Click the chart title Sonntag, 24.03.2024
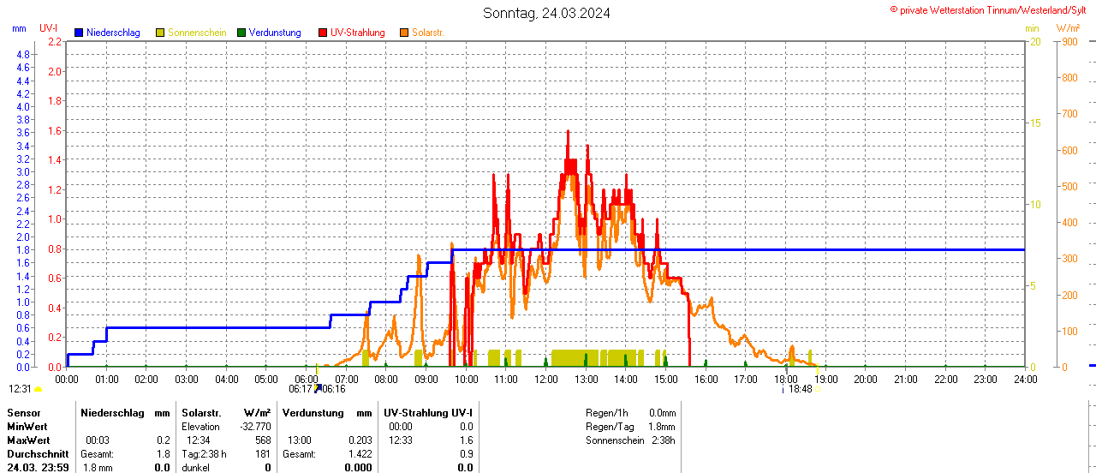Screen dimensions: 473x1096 tap(547, 13)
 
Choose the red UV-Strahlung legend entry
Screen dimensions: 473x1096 tap(357, 33)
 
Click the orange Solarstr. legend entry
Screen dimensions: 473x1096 tap(427, 33)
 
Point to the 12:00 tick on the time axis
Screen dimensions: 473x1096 tap(545, 378)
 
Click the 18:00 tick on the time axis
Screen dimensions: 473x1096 tap(785, 378)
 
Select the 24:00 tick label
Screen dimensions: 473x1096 tap(1025, 378)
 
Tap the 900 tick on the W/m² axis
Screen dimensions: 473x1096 tap(1069, 41)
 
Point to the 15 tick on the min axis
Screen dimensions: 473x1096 tap(1035, 123)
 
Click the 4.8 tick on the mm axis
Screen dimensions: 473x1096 tap(23, 55)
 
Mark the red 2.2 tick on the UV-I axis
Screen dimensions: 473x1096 tap(55, 41)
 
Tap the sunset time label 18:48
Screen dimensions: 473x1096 tap(801, 389)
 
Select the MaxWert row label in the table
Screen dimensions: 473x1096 tap(27, 440)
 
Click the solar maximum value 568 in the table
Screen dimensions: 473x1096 tap(262, 440)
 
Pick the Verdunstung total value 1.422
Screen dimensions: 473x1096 tap(359, 453)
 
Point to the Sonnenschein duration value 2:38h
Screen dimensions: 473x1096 tap(660, 440)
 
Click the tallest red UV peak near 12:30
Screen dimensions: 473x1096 tap(568, 132)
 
